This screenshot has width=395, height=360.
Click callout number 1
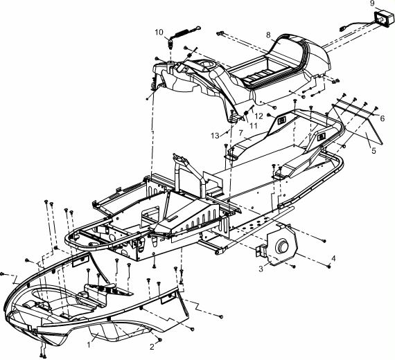tap(89, 344)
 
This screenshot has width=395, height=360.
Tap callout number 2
tap(152, 347)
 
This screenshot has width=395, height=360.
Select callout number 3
tap(261, 269)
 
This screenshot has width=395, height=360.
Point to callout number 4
tap(333, 258)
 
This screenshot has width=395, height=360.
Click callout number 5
tap(374, 150)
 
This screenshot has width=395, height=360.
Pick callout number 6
tap(382, 118)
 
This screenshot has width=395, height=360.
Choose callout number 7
tap(241, 132)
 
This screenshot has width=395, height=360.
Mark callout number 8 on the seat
tap(268, 35)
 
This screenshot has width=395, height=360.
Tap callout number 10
tap(159, 33)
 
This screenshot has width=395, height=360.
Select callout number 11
tap(253, 125)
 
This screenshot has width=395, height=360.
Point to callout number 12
tap(258, 116)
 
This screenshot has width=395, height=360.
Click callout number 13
tap(215, 136)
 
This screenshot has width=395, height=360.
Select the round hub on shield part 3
tap(282, 246)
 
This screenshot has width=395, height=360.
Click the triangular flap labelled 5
tap(362, 128)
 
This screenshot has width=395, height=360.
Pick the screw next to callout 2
tap(159, 340)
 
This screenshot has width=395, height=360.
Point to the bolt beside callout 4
tap(328, 266)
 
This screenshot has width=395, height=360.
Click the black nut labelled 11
tap(246, 113)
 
